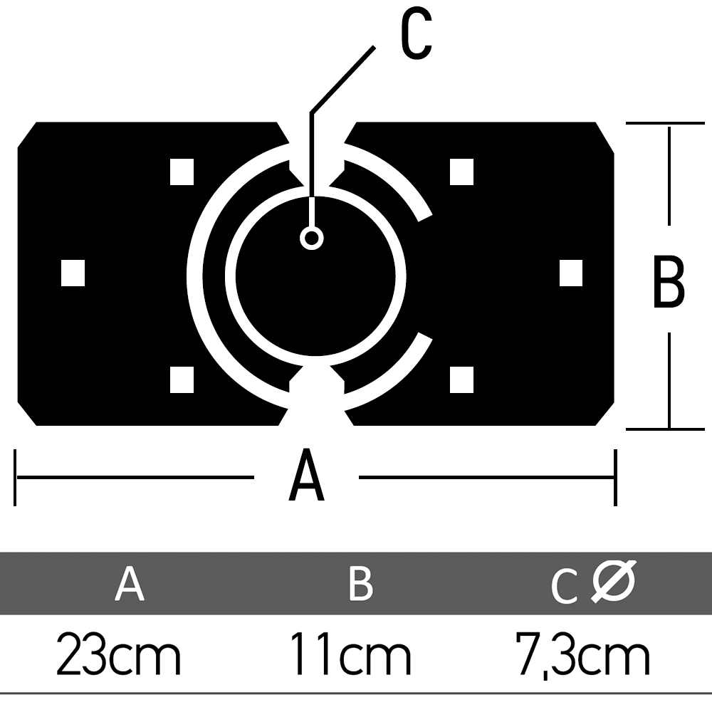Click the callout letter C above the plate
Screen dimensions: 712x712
click(417, 33)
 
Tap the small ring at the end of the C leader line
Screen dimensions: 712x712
click(312, 238)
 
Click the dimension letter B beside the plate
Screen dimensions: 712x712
click(669, 281)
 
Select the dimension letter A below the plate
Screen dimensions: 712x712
click(306, 474)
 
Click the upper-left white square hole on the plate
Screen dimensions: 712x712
click(182, 172)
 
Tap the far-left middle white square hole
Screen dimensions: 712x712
click(73, 273)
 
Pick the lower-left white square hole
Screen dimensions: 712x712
click(182, 379)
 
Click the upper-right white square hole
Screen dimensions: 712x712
click(461, 172)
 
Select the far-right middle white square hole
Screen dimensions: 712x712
click(571, 273)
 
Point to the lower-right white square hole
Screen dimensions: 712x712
click(461, 379)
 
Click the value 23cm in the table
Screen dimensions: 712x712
click(118, 654)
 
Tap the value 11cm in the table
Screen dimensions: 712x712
click(350, 654)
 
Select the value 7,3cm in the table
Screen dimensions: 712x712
click(582, 656)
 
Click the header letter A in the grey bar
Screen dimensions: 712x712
click(130, 584)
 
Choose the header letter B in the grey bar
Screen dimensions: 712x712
click(361, 584)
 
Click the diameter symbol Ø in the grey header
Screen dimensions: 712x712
click(613, 582)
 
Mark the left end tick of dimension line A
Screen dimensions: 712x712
click(15, 478)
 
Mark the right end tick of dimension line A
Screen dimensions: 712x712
click(615, 478)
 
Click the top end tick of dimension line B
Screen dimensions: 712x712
click(665, 123)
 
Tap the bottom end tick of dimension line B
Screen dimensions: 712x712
click(665, 429)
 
